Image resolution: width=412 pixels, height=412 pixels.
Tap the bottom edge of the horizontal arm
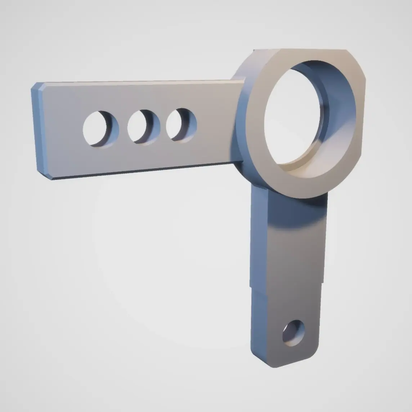(x=144, y=171)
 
